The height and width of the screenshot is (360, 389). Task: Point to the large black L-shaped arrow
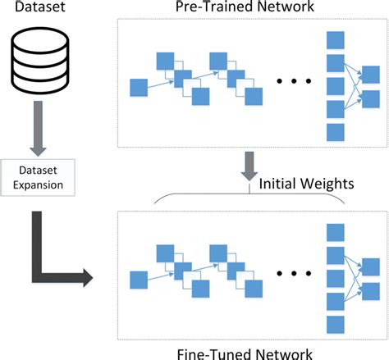click(49, 254)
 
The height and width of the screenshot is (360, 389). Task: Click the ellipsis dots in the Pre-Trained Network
click(291, 81)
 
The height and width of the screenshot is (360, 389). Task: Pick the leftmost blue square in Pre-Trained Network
click(139, 88)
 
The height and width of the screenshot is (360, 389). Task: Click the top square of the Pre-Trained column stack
click(334, 41)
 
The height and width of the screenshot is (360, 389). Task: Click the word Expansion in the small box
click(37, 185)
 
